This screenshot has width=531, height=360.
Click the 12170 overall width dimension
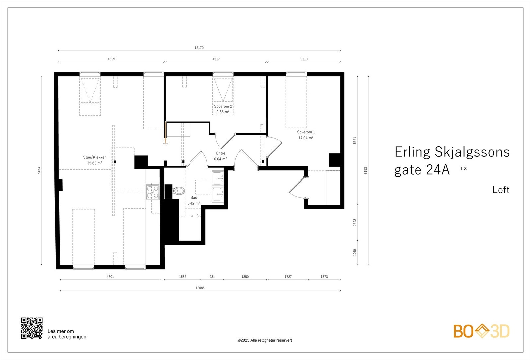pos(199,48)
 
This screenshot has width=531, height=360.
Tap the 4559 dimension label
pos(111,59)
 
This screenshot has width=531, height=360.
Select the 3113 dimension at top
pos(304,59)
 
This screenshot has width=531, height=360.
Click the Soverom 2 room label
pos(223,106)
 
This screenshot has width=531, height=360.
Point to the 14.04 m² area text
pos(305,138)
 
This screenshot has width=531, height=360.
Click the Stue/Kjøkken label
pos(95,157)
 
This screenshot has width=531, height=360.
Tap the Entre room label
pos(221,153)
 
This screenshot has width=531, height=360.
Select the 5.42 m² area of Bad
pos(193,203)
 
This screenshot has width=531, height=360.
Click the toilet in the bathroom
pos(178,191)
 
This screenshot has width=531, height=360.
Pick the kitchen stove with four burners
pos(153,192)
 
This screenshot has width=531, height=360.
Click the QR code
pos(32,328)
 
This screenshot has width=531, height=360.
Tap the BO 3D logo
pos(481,331)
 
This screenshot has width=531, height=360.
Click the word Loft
pos(501,190)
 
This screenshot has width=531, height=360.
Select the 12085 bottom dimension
pos(200,288)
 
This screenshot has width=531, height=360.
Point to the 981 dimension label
pos(212,276)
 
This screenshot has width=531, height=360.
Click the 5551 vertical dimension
pos(355,140)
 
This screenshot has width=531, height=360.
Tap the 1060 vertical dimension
pos(355,252)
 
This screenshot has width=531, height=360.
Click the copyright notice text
pos(265,340)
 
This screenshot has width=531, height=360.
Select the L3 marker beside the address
pos(464,169)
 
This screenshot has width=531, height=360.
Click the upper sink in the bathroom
pos(218,178)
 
